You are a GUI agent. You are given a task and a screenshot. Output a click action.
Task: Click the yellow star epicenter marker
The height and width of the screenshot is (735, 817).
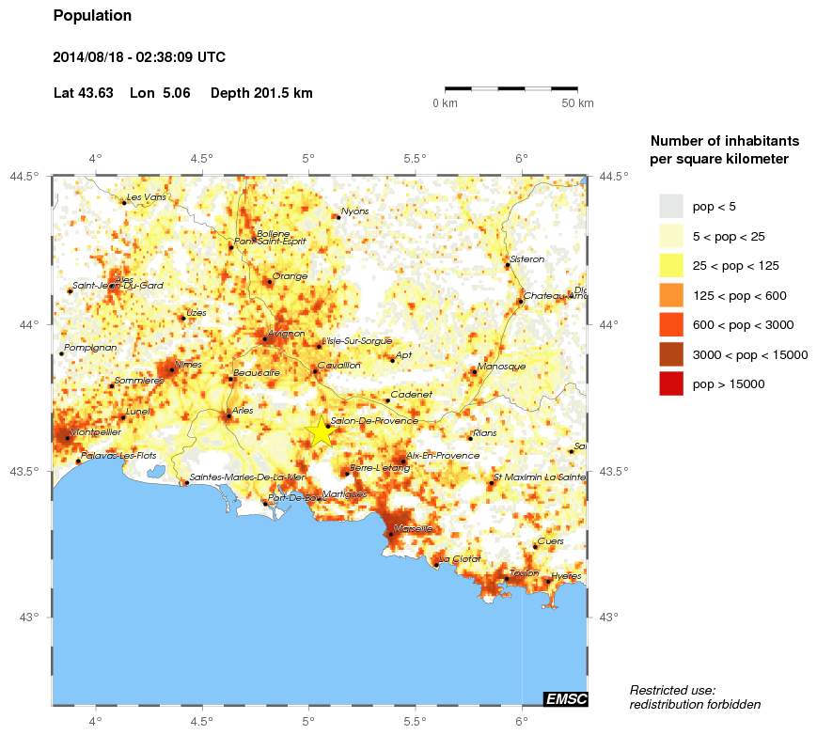pos(321,430)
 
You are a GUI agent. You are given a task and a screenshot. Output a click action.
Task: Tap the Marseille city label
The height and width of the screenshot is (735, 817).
pos(415,528)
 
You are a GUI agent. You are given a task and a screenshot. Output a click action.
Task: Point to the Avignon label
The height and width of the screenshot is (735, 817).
pos(286,333)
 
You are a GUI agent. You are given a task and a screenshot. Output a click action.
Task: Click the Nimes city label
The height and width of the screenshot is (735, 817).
pos(189,365)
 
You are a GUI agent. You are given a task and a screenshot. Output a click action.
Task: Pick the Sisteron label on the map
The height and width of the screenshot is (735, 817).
pos(526,259)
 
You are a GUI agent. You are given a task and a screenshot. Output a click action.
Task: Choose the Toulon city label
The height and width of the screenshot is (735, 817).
pos(524,573)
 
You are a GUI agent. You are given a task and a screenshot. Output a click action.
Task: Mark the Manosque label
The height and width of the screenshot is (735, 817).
pos(502,367)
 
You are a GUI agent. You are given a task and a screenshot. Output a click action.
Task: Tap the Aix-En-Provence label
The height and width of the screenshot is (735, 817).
pos(443,456)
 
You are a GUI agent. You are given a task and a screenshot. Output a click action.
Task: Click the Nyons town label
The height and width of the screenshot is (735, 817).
pos(355,211)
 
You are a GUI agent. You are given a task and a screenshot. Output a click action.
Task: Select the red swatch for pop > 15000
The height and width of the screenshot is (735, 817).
pos(670,383)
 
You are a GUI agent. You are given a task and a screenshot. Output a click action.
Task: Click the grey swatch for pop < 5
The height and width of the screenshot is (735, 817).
pos(670,206)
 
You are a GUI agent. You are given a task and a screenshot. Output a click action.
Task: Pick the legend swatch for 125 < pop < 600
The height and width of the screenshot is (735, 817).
pos(670,295)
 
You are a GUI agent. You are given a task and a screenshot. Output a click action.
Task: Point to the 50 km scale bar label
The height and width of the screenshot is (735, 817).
pos(577,103)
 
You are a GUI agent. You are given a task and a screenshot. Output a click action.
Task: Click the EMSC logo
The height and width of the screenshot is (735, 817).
pos(565,698)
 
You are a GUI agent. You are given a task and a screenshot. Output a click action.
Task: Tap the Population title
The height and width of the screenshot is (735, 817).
pos(92,16)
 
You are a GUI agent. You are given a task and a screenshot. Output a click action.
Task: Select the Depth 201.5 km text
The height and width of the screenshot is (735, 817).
pos(261,93)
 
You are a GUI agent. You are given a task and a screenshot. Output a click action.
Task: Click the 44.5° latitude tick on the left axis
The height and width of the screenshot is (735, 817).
pos(25,176)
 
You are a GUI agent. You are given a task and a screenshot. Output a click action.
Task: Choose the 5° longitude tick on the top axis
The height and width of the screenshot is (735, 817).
pos(308,158)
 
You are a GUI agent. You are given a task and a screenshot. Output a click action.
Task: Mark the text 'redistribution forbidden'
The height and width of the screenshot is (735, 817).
pos(695,705)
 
